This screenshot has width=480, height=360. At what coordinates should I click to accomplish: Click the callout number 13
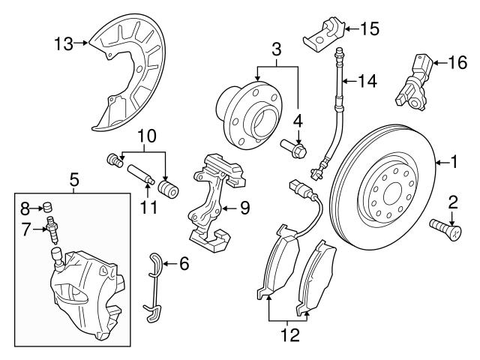click(64, 43)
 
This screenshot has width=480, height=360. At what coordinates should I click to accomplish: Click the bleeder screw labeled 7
click(52, 227)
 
